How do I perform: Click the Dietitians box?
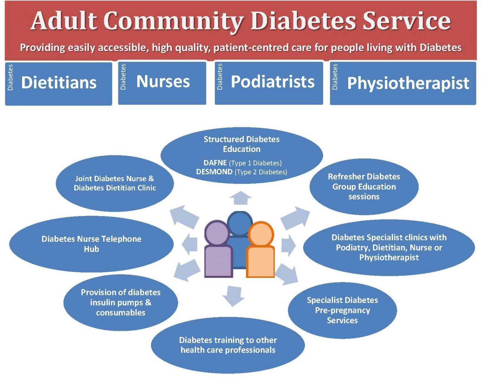point(59,83)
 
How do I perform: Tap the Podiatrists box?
point(269,82)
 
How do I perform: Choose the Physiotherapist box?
point(403,83)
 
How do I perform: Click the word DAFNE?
point(215,163)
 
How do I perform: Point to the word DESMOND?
point(214,172)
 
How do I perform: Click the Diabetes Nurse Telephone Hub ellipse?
point(91,244)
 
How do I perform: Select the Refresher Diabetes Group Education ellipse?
point(364,187)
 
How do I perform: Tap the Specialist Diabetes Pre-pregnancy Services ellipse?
point(342,310)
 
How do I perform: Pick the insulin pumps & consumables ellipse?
point(121,302)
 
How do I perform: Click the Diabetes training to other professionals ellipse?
point(228,345)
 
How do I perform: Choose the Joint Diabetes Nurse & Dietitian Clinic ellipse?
point(115,183)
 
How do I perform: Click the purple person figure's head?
point(217,233)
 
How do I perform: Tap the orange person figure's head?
point(261,234)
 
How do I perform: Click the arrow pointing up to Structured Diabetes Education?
point(240,198)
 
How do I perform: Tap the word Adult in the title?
point(64,21)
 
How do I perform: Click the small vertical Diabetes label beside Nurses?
point(123,77)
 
